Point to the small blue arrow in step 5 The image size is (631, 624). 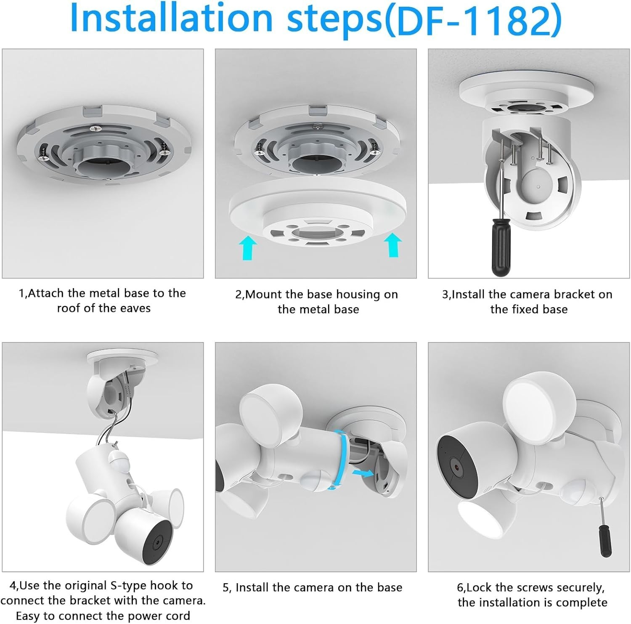coord(363,473)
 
